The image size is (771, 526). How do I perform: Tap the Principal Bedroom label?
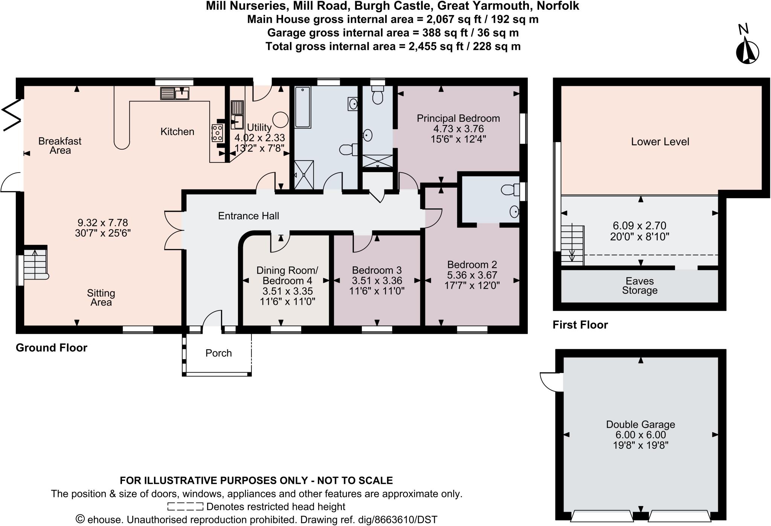click(x=458, y=118)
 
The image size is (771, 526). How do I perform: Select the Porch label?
click(x=218, y=353)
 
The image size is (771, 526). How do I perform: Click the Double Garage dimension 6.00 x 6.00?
click(x=640, y=435)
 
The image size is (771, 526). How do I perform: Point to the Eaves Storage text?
click(x=640, y=286)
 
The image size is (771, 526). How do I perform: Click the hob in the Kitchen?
click(x=217, y=133)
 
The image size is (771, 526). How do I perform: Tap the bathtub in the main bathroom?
click(x=302, y=107)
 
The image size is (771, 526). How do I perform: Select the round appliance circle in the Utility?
click(x=280, y=120)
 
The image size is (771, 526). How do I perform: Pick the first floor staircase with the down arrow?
click(x=572, y=245)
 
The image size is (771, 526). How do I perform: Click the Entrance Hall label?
click(x=248, y=216)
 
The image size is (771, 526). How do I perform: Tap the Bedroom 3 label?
click(x=376, y=270)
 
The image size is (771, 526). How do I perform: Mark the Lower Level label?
click(x=660, y=142)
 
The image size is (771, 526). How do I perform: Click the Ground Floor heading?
click(x=52, y=347)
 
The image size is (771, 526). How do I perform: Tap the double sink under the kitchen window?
click(x=174, y=93)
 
